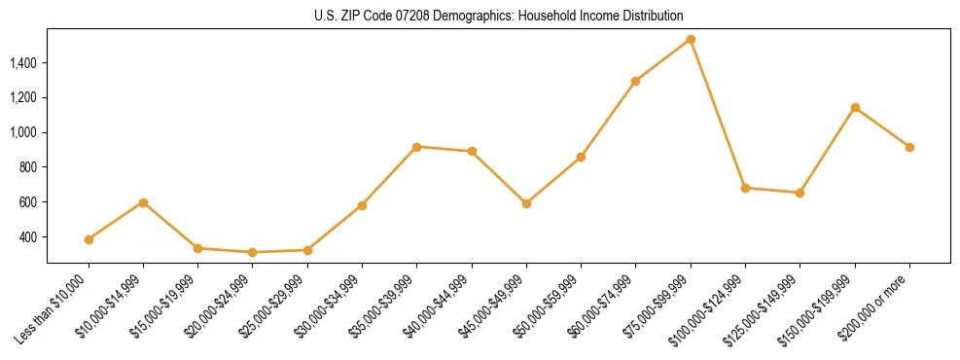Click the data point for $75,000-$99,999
(x=691, y=40)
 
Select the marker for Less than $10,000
(x=89, y=239)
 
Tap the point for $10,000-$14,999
(x=143, y=202)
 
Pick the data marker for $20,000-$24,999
(x=253, y=252)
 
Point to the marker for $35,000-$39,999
(x=416, y=147)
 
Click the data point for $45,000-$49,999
(x=526, y=203)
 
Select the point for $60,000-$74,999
(x=635, y=81)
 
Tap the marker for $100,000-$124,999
(x=745, y=188)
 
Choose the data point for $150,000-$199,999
(x=855, y=107)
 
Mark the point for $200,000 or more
(x=909, y=147)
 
